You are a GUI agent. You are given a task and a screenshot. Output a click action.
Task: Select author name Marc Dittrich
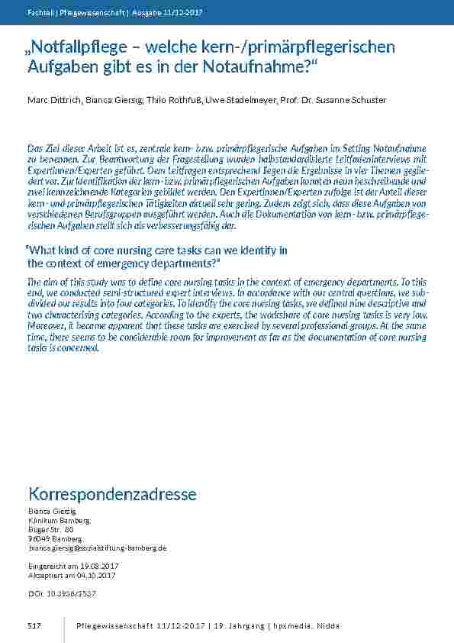point(50,101)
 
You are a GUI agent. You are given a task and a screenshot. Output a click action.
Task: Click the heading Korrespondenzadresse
point(111,494)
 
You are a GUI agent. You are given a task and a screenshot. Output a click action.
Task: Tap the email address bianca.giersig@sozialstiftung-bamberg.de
point(97,548)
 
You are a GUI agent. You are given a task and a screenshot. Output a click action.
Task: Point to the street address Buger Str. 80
point(50,529)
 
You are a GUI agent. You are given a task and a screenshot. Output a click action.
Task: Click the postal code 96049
point(38,539)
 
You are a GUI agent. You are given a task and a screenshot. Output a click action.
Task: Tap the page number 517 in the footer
point(34,626)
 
